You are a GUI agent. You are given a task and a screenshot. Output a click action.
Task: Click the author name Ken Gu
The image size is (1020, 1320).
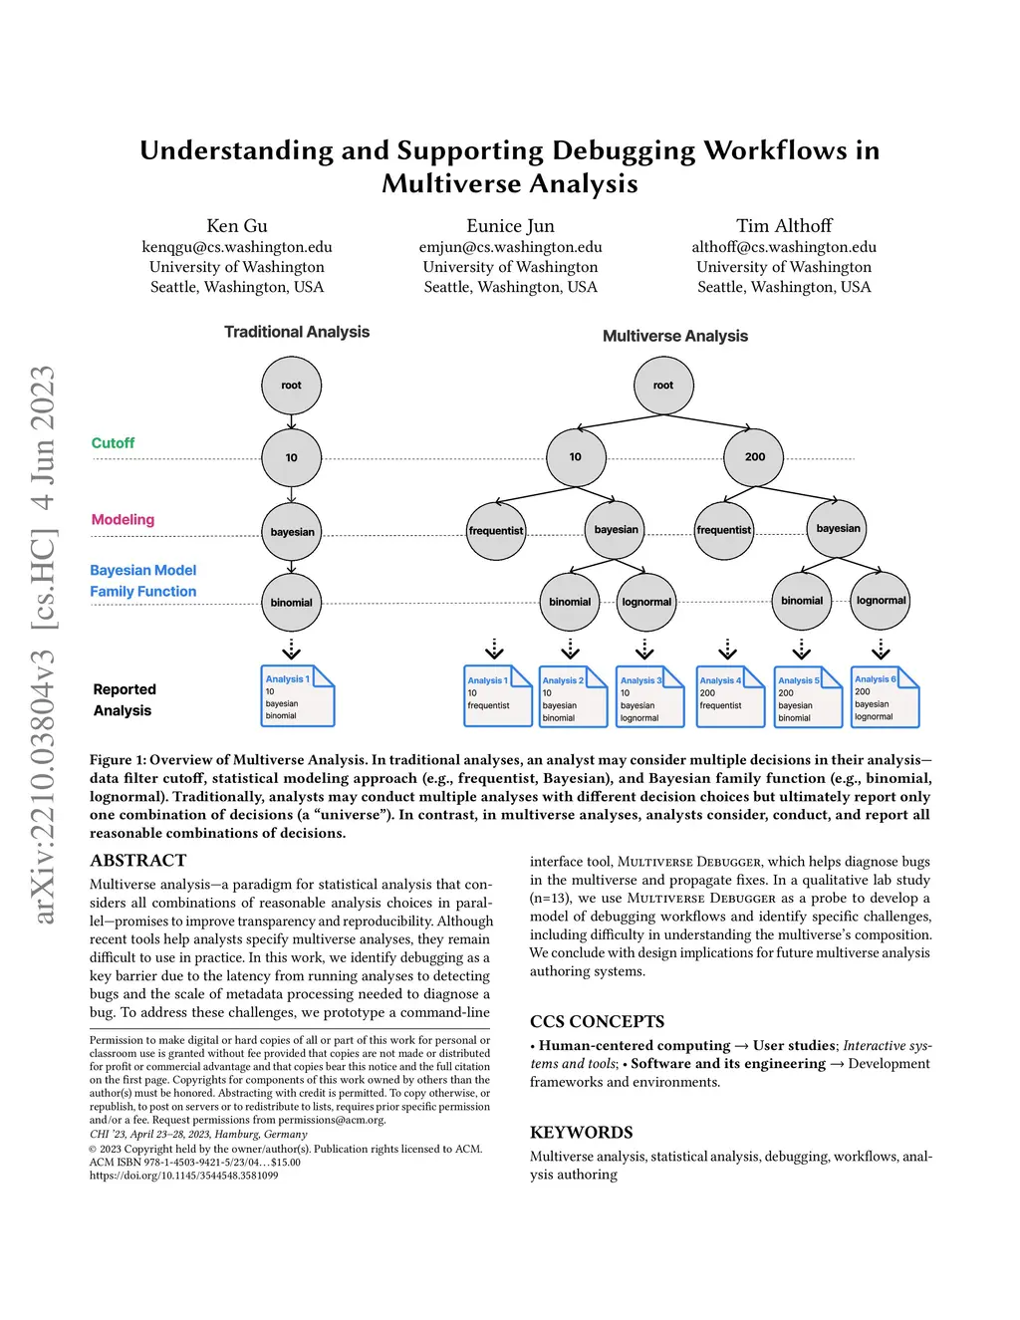(237, 226)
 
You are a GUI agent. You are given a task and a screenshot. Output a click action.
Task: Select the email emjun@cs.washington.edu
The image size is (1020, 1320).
(510, 247)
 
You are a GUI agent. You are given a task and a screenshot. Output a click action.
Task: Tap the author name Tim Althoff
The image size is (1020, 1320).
(784, 226)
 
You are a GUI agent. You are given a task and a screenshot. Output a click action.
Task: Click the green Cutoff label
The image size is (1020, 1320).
(113, 443)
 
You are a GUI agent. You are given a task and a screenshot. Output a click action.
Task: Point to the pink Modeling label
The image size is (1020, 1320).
(123, 520)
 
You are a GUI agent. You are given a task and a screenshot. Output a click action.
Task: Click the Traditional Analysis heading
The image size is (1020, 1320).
(297, 332)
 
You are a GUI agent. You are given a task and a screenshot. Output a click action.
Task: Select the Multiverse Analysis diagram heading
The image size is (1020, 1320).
(675, 337)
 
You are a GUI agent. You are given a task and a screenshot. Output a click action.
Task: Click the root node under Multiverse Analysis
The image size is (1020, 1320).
(663, 386)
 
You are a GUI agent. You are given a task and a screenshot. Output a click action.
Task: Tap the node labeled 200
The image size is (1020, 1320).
(755, 457)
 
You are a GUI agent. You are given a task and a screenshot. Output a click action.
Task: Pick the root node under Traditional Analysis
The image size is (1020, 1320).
(291, 386)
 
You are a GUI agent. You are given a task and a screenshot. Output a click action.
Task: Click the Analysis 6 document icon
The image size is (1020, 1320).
(884, 697)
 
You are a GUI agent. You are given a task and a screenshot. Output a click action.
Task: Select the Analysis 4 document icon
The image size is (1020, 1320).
(729, 697)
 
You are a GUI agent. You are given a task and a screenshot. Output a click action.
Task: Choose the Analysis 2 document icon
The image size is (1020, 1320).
(572, 697)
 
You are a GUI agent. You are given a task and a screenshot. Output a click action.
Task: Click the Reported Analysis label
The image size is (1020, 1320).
(124, 699)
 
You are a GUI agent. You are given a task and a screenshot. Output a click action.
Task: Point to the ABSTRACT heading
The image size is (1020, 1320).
(138, 861)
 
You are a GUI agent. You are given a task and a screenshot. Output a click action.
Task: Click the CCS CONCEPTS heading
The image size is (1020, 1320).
(597, 1022)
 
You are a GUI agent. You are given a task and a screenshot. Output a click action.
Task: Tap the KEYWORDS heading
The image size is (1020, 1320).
(581, 1133)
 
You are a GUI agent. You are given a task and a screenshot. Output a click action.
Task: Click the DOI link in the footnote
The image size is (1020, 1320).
(184, 1176)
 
